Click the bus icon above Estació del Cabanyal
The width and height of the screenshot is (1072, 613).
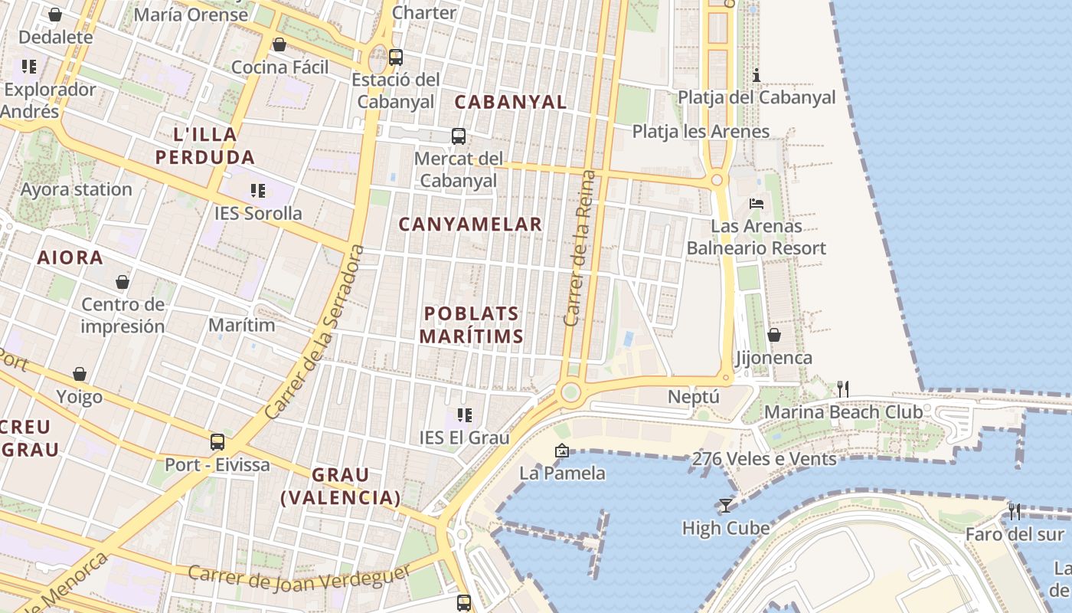click(x=396, y=57)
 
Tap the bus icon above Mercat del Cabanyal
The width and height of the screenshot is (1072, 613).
click(x=459, y=136)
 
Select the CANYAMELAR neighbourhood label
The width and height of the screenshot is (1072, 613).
click(x=470, y=225)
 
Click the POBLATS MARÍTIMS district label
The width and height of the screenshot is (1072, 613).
click(x=472, y=325)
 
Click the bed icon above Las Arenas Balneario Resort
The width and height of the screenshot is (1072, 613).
click(x=757, y=204)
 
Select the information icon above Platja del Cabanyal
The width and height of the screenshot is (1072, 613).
click(x=757, y=75)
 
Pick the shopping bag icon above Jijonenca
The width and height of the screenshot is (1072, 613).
click(x=774, y=336)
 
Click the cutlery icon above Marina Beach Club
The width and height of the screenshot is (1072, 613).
click(x=843, y=389)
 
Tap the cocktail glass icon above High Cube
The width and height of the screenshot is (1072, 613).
click(x=725, y=506)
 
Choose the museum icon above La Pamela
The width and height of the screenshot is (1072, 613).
click(x=562, y=451)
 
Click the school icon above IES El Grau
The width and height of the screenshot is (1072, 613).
click(x=464, y=415)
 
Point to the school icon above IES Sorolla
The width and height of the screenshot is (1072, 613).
click(x=257, y=191)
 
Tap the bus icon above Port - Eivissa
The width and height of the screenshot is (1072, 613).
click(x=217, y=442)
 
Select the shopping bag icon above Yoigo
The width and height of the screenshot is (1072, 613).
click(x=80, y=375)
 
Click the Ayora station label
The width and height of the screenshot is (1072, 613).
click(x=77, y=189)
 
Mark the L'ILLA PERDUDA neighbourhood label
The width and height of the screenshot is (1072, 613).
click(x=204, y=146)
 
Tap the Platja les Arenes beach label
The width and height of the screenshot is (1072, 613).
click(x=701, y=132)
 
